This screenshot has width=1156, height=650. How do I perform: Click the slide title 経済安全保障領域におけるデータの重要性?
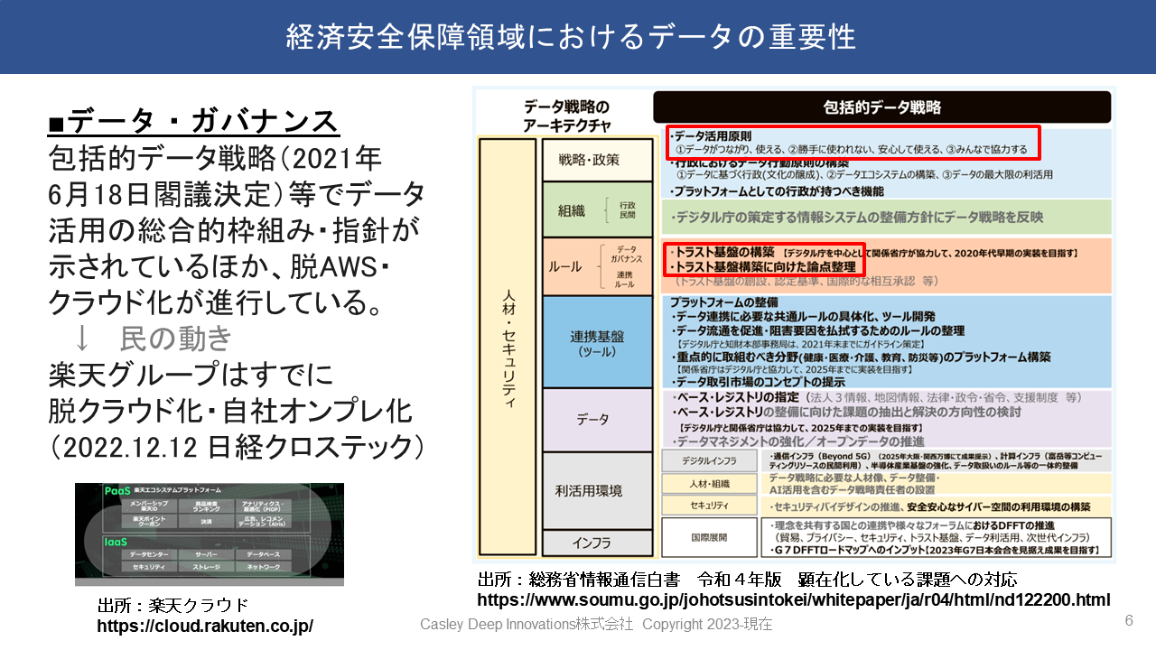tap(571, 37)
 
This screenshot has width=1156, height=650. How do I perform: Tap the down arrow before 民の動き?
tap(82, 338)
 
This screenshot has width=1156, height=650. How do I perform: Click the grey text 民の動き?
tap(175, 338)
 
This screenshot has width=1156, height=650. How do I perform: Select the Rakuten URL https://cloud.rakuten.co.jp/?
tap(205, 625)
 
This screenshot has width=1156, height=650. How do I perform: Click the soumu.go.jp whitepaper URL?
tap(793, 599)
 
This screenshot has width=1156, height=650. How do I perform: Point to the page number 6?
tap(1128, 620)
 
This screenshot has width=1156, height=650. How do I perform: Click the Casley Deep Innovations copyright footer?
tap(595, 625)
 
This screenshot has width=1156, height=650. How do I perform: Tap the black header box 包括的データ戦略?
tap(881, 107)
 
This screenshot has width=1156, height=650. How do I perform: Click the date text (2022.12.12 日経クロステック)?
tap(237, 446)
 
